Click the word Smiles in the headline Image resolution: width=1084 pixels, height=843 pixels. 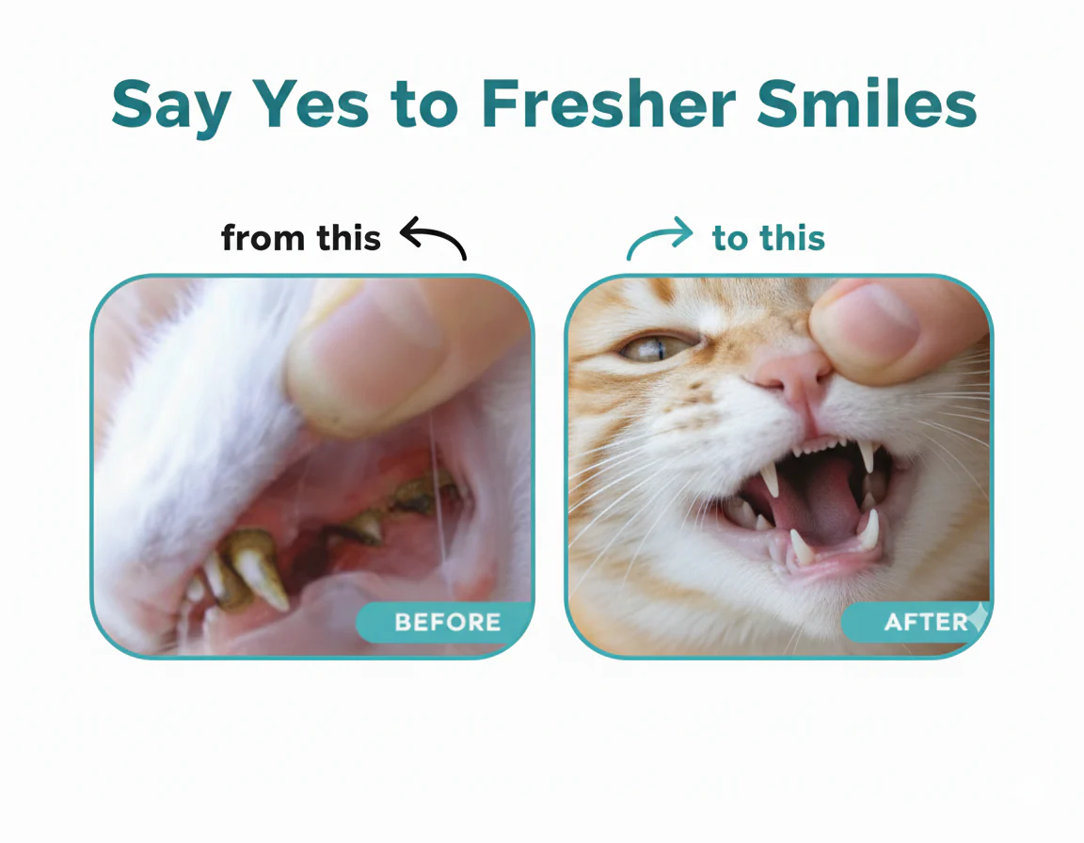coord(867,103)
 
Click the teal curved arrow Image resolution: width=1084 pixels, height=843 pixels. coord(657,238)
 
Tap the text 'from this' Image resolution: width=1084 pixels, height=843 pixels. coord(301,238)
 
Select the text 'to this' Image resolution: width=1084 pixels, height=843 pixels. coord(768,238)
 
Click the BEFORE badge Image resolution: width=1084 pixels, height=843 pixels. coord(444,622)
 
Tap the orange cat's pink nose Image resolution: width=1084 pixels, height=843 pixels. coord(792,374)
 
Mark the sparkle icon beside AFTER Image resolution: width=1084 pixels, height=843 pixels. coord(980,616)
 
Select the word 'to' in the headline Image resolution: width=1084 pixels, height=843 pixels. coord(424,106)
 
